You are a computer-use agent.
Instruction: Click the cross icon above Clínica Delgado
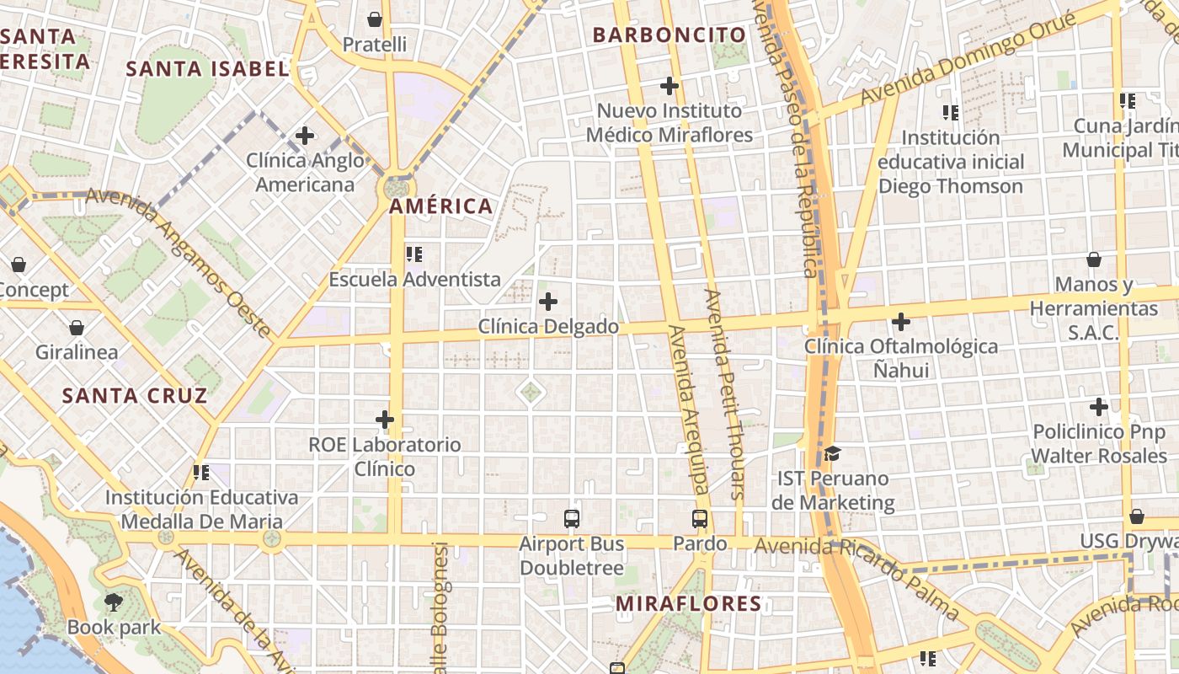(x=548, y=301)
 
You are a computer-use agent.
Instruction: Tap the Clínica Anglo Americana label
(x=305, y=173)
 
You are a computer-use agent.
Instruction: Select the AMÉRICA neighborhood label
(x=441, y=206)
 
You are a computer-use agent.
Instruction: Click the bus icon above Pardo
(x=700, y=518)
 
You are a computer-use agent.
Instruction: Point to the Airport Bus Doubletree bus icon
(x=572, y=518)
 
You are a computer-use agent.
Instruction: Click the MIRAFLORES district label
(x=688, y=604)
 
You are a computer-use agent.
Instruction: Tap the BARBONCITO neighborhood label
(x=670, y=35)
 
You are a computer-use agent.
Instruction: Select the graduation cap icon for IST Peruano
(x=832, y=454)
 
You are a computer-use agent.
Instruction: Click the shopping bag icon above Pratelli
(x=375, y=19)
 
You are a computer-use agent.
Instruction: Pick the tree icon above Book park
(x=114, y=602)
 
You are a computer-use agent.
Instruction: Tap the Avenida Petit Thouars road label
(x=725, y=393)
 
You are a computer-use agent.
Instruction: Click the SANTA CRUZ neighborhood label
(x=135, y=396)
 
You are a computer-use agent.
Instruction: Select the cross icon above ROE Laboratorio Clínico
(x=385, y=419)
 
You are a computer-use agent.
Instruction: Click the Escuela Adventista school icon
(x=414, y=254)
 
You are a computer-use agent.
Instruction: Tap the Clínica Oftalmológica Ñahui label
(x=901, y=358)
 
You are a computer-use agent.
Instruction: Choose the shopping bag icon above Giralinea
(x=77, y=327)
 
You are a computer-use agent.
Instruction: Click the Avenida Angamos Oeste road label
(x=181, y=261)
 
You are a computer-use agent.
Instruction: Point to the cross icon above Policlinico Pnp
(x=1099, y=407)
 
